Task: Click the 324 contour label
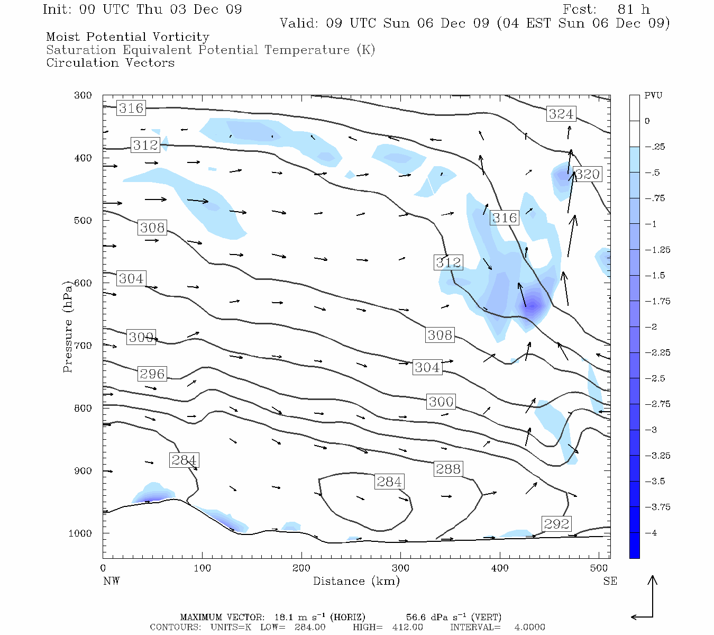[561, 114]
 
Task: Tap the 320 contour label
[587, 174]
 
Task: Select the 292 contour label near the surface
[556, 524]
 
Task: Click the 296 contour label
[152, 374]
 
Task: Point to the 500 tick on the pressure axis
[83, 221]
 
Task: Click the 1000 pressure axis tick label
[80, 533]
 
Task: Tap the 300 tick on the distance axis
[400, 568]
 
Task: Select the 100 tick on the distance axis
[202, 568]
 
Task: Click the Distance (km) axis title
[356, 581]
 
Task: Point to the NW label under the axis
[111, 581]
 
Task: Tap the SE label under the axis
[610, 581]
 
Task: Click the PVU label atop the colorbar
[653, 96]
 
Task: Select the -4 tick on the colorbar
[651, 533]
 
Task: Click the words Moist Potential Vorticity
[127, 37]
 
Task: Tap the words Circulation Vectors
[110, 63]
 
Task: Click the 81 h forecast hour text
[633, 10]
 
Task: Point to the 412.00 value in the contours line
[407, 628]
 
